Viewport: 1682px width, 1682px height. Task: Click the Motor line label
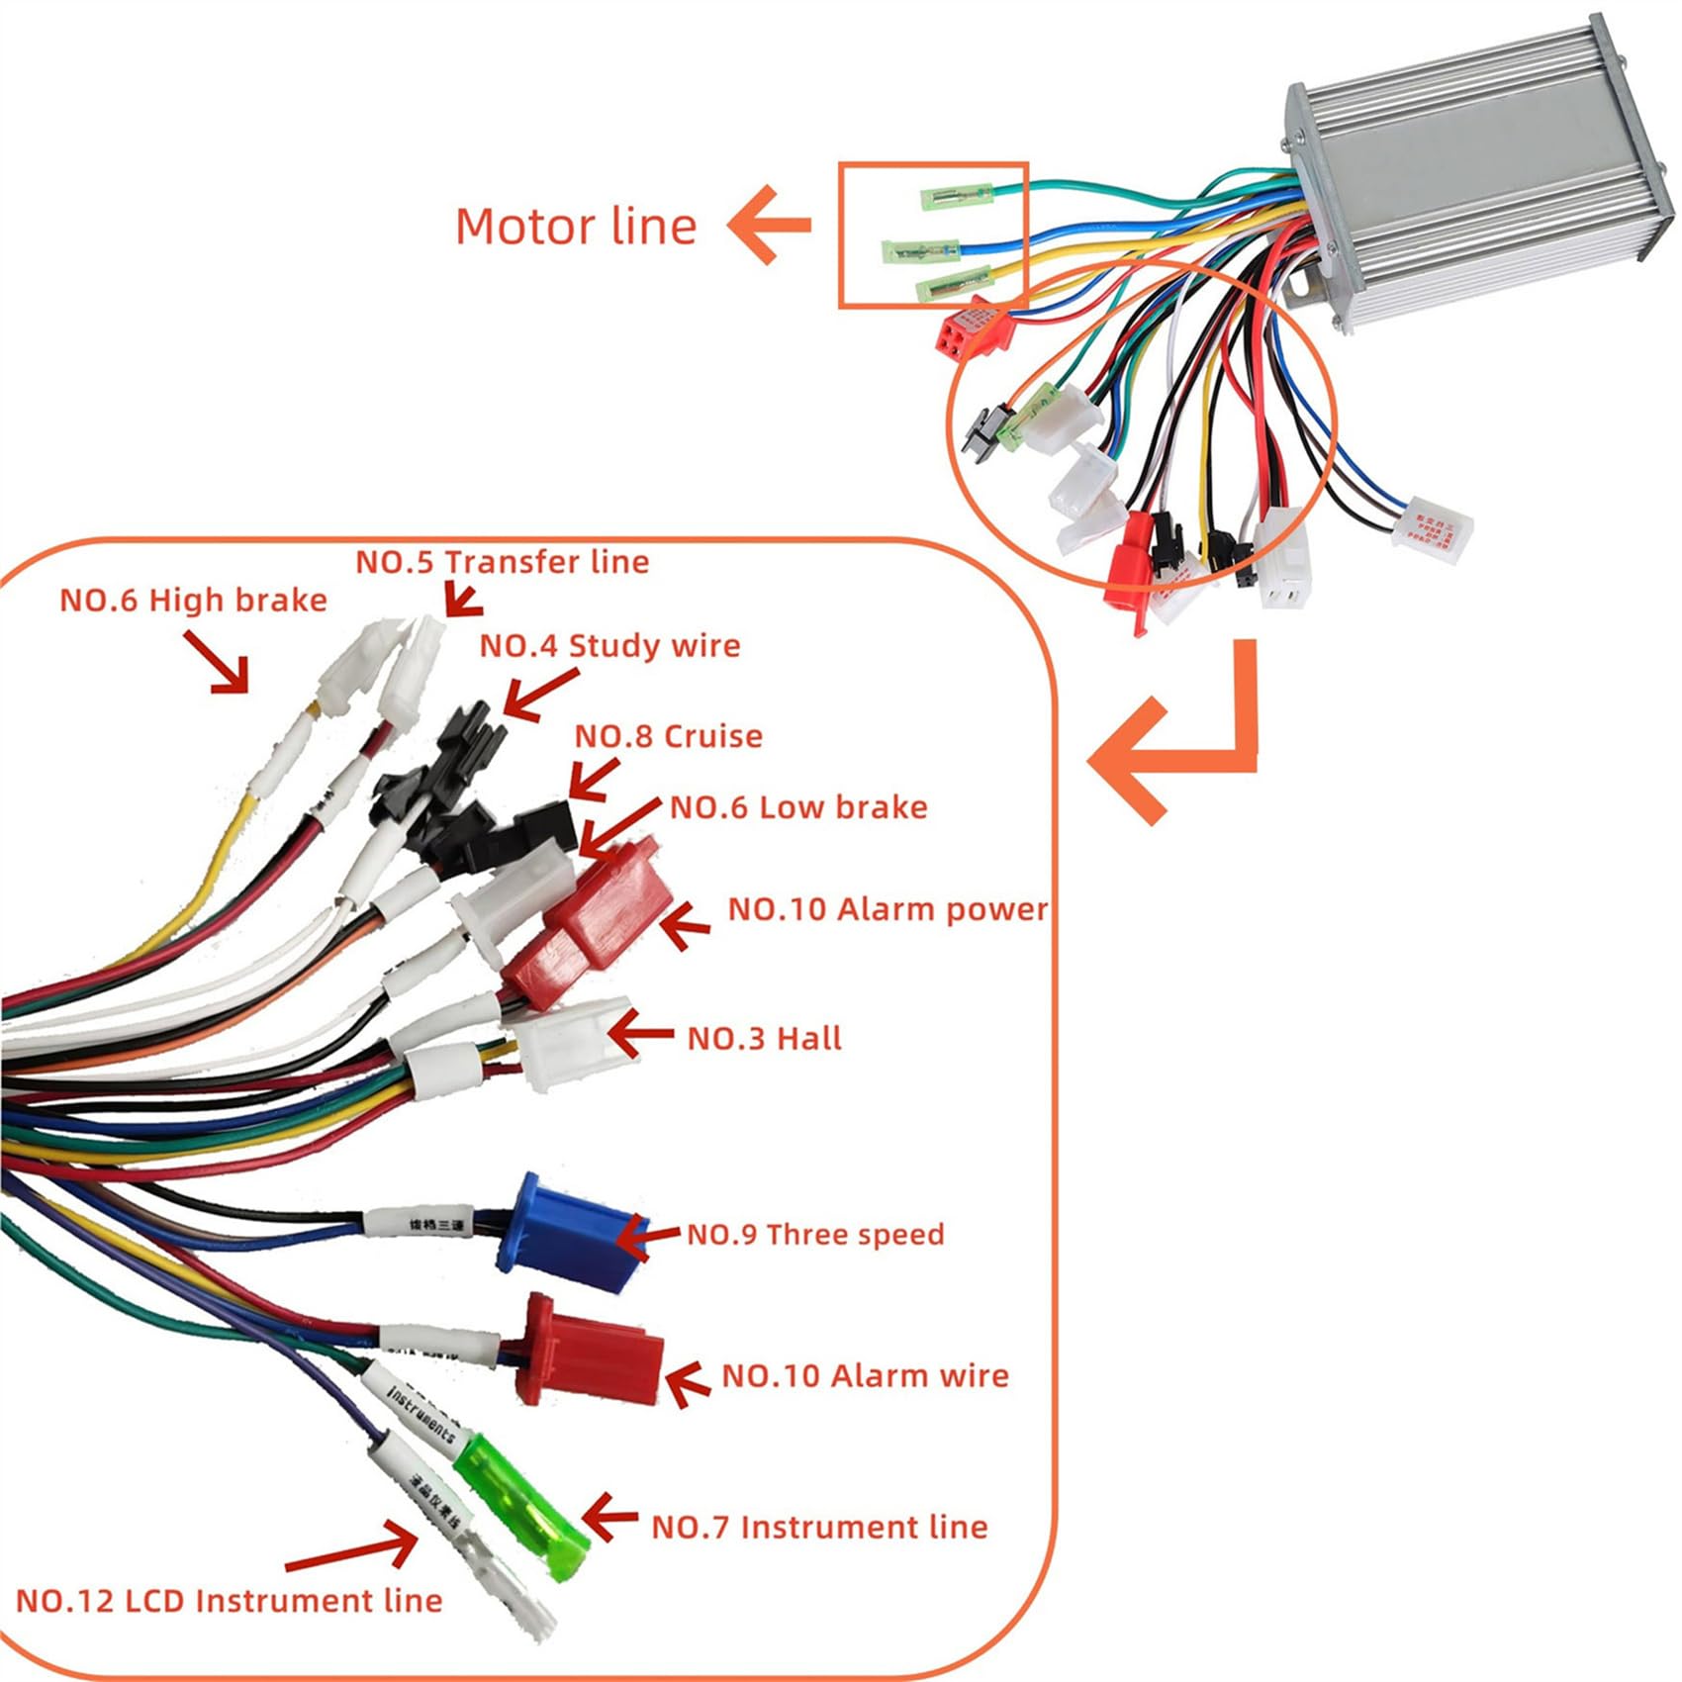[576, 227]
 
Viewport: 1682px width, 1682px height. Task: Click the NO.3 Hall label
[764, 1038]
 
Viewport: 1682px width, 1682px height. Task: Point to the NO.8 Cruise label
[669, 736]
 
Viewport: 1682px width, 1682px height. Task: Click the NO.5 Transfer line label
[502, 562]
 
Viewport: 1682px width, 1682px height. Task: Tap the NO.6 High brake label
[193, 601]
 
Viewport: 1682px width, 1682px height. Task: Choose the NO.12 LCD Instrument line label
[229, 1601]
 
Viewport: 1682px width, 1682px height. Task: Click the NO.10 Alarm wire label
[865, 1375]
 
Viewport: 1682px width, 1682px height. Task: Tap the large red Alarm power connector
[594, 920]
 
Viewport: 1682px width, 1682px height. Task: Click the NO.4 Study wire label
[609, 646]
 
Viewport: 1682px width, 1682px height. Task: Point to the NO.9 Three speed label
[815, 1234]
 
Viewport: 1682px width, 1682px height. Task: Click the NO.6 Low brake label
[798, 807]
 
